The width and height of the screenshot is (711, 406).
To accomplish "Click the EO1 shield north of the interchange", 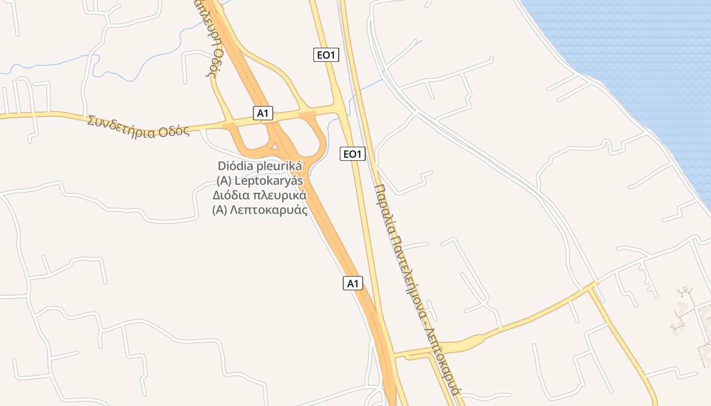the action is click(x=326, y=55).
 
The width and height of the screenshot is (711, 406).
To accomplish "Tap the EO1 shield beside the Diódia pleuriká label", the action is click(x=352, y=153).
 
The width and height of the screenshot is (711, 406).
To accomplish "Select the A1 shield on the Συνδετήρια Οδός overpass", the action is click(x=263, y=113).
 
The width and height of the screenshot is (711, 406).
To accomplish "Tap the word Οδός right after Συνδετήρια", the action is click(x=174, y=131).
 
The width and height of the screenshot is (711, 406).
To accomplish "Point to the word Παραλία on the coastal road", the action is click(x=385, y=208).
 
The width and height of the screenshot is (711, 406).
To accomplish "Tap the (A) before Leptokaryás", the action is click(x=224, y=181).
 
